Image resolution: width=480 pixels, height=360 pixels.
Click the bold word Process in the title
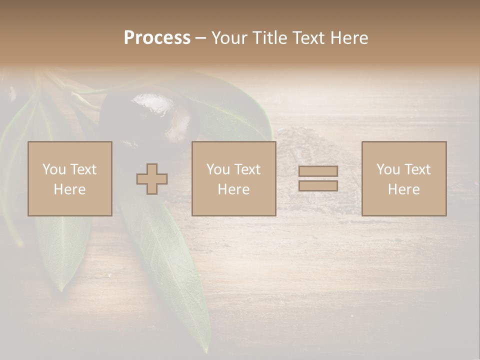click(157, 38)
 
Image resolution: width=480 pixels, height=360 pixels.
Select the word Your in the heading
click(230, 38)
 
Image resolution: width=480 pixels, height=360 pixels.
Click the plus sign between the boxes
click(152, 179)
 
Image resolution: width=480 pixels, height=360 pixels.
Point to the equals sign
click(318, 178)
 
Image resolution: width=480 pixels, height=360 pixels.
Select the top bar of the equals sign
click(318, 171)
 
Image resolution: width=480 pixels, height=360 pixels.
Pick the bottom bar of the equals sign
click(318, 185)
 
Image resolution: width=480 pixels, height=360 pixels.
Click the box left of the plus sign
click(70, 179)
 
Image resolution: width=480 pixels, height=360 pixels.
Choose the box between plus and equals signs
click(234, 179)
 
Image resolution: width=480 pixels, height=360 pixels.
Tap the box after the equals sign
click(404, 179)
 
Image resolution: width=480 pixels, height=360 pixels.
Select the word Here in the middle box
click(234, 189)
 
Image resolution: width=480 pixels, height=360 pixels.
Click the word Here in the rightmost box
click(404, 189)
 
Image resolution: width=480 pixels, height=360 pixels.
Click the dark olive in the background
click(150, 120)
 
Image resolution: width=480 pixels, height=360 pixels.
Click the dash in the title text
click(200, 38)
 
